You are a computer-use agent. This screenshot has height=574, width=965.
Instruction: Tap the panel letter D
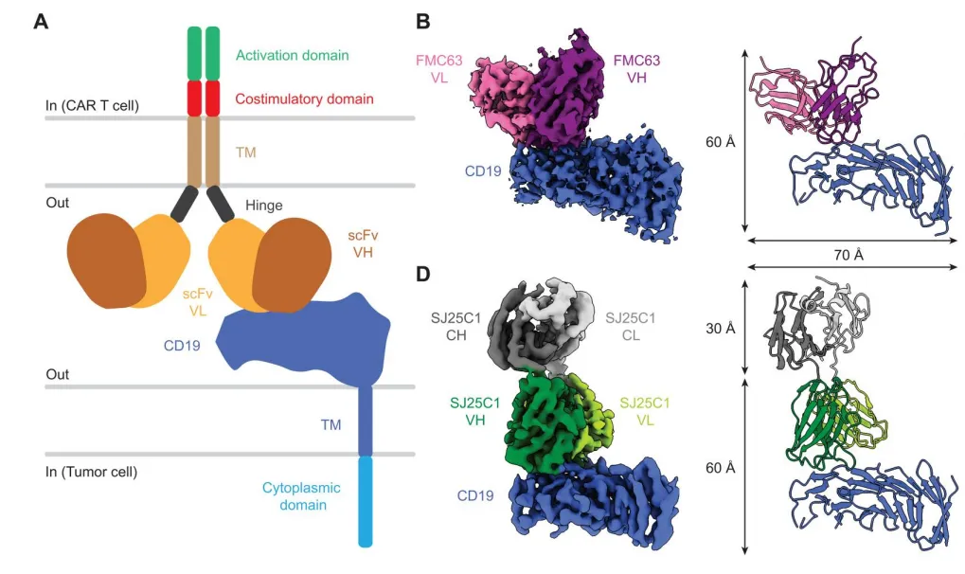pyautogui.click(x=424, y=274)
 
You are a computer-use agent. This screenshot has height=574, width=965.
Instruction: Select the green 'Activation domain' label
pyautogui.click(x=292, y=56)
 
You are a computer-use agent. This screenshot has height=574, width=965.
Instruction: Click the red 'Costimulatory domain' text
pyautogui.click(x=304, y=99)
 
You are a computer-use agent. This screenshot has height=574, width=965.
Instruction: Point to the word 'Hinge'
pyautogui.click(x=263, y=205)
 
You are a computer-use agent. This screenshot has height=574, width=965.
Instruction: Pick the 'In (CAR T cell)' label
pyautogui.click(x=92, y=104)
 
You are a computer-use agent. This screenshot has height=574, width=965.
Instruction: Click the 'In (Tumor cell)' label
pyautogui.click(x=92, y=471)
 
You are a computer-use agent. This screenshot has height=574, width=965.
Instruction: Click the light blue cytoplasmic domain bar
pyautogui.click(x=366, y=501)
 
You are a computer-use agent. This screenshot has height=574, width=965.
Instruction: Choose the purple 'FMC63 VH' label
pyautogui.click(x=635, y=69)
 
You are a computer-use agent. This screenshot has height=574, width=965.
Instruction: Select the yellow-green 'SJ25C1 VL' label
pyautogui.click(x=644, y=412)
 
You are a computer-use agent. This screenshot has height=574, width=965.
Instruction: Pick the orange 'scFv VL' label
pyautogui.click(x=200, y=302)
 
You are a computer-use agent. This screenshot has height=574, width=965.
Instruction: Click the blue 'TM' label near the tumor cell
pyautogui.click(x=331, y=425)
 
